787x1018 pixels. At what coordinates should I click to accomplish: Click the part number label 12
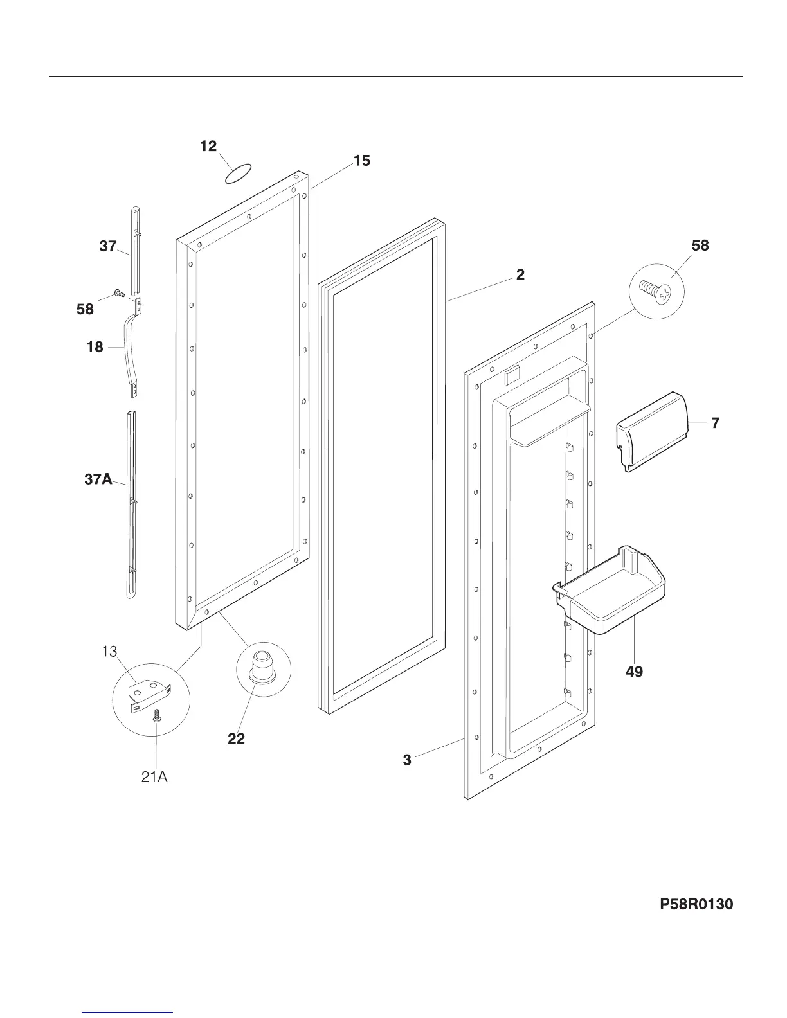coord(208,147)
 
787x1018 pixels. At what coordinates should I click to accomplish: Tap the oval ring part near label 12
coord(239,174)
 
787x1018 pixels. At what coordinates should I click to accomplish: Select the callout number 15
coord(362,161)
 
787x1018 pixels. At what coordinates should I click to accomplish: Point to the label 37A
coord(98,479)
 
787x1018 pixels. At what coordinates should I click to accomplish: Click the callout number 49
coord(634,672)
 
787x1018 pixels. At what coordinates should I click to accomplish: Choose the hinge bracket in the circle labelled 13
coord(149,695)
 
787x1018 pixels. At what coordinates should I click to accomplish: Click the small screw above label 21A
coord(156,715)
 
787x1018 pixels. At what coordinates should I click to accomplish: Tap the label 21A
coord(154,777)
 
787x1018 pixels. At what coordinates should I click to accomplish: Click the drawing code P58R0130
coord(696,905)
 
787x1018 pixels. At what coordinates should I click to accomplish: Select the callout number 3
coord(407,760)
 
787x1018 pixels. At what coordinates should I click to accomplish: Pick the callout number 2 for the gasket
coord(520,274)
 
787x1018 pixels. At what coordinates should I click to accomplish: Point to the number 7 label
coord(715,423)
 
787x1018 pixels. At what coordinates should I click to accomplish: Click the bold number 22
coord(237,739)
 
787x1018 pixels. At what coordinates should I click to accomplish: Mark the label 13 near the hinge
coord(109,652)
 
